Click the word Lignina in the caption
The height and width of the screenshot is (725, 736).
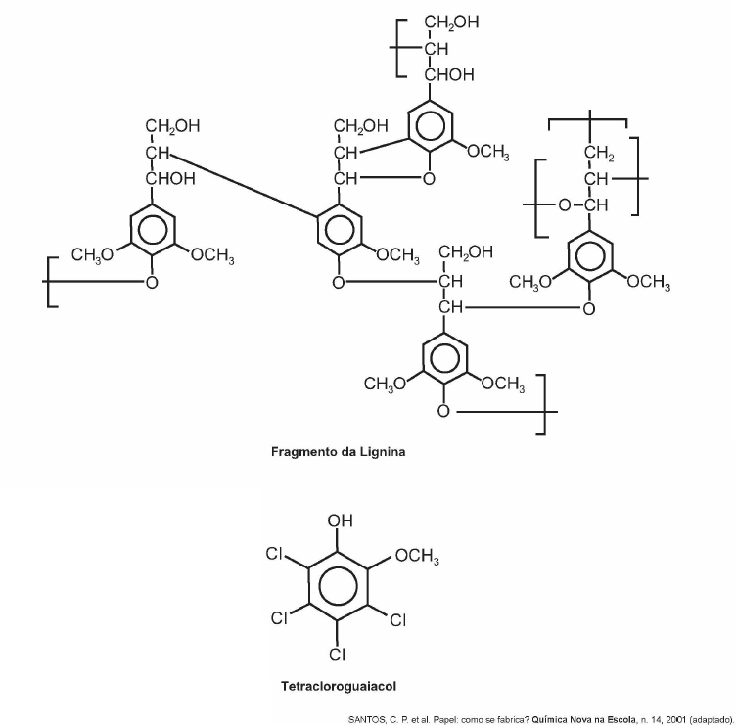click(383, 452)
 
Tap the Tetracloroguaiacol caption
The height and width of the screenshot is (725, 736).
click(339, 686)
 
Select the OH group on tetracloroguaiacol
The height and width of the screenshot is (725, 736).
click(340, 521)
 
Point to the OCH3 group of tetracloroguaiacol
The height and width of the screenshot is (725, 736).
click(417, 556)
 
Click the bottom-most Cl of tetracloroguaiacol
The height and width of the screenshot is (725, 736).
click(338, 654)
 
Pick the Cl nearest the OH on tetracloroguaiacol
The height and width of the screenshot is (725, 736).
click(274, 554)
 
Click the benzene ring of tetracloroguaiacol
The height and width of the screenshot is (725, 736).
click(338, 586)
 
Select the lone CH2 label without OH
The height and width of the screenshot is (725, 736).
click(599, 153)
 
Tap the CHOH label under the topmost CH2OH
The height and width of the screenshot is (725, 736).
click(449, 75)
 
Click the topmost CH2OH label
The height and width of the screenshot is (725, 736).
click(451, 23)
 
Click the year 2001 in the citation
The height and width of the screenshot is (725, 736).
click(676, 719)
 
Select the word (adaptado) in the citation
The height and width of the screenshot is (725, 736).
click(712, 720)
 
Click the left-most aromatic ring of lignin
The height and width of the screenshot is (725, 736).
click(152, 230)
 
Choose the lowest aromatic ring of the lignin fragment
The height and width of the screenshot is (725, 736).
click(444, 359)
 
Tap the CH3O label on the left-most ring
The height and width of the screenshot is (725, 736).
click(92, 254)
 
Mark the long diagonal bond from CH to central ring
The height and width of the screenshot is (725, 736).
click(243, 185)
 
